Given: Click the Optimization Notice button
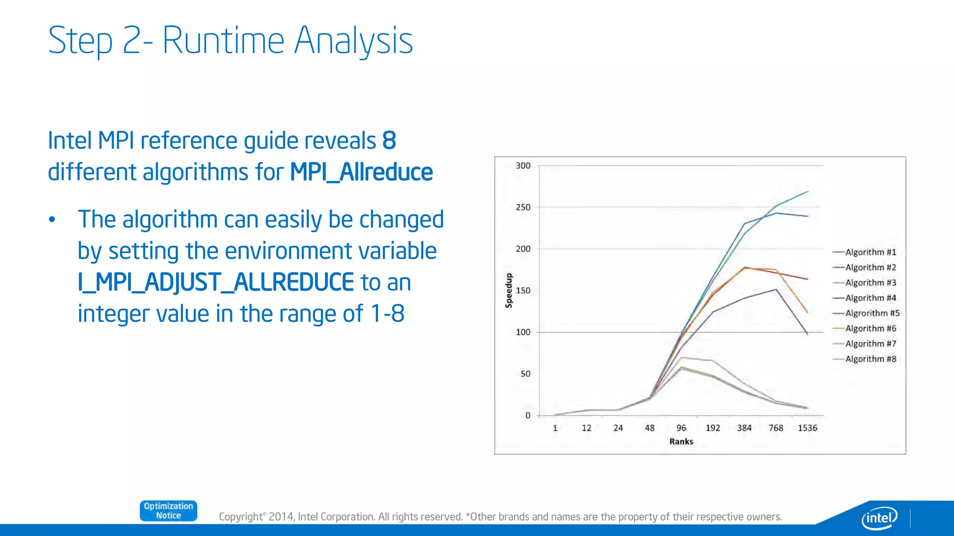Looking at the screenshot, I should pos(168,510).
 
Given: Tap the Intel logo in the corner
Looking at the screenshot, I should pos(879,517).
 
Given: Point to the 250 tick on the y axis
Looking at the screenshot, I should pos(523,207).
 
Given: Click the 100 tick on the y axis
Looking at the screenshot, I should pos(523,332).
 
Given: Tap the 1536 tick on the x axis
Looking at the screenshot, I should pos(807,428).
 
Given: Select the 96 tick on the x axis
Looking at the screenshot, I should pos(681,428).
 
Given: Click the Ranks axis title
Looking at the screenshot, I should pos(681,442).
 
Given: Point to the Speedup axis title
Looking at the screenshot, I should pos(509,290).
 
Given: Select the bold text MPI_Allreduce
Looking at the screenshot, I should pos(361,172).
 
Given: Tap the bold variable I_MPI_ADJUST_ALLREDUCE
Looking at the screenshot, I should pos(216,282).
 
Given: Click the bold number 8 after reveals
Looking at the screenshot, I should pos(389,141).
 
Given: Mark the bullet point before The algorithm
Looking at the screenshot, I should pos(52,220).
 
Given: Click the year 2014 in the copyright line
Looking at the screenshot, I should pos(281,517).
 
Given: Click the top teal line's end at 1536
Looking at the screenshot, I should pos(808,191).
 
